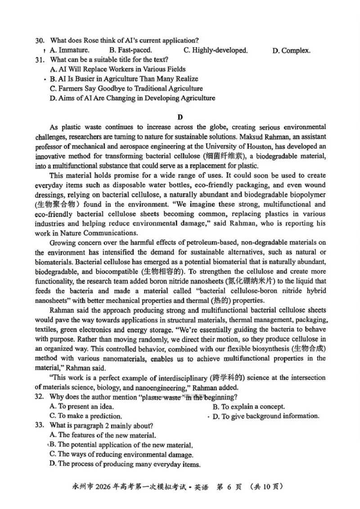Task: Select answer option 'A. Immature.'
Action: [70, 50]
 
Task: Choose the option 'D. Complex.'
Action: [291, 50]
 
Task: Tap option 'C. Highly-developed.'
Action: [216, 50]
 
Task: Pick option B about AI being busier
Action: [124, 79]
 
